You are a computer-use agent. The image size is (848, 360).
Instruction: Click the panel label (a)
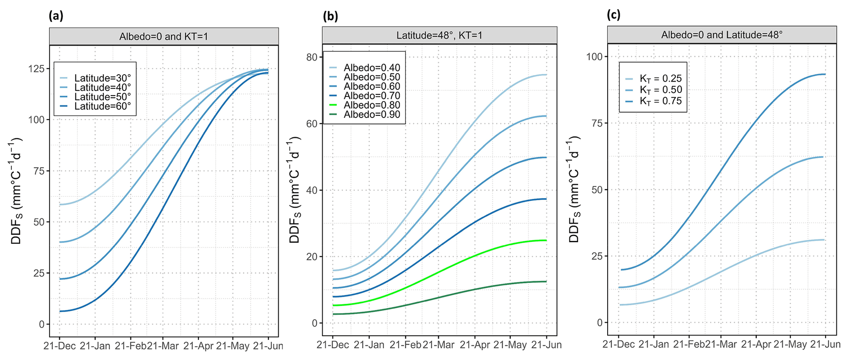coord(56,16)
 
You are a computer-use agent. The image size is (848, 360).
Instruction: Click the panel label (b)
coord(330,16)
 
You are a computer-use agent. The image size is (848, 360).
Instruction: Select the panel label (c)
coord(614,15)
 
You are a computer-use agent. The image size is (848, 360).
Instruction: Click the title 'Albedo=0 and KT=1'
coord(164,37)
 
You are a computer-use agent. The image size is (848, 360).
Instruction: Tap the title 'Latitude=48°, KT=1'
coord(439,36)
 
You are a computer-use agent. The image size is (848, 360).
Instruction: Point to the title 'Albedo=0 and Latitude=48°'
coord(722,35)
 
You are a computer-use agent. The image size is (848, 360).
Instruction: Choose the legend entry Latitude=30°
coord(102,78)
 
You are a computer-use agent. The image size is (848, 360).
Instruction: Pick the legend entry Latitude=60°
coord(102,106)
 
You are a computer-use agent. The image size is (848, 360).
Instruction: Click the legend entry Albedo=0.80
coord(372,105)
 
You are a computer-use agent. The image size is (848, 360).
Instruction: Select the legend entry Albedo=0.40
coord(372,68)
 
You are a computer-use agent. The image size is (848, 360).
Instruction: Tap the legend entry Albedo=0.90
coord(372,115)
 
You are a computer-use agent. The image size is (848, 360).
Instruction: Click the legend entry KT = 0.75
coord(661,101)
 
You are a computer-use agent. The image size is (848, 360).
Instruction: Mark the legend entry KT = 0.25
coord(661,79)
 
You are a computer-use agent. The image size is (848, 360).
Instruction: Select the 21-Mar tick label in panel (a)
coord(162,346)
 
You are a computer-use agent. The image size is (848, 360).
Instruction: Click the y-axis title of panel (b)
coord(295,190)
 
